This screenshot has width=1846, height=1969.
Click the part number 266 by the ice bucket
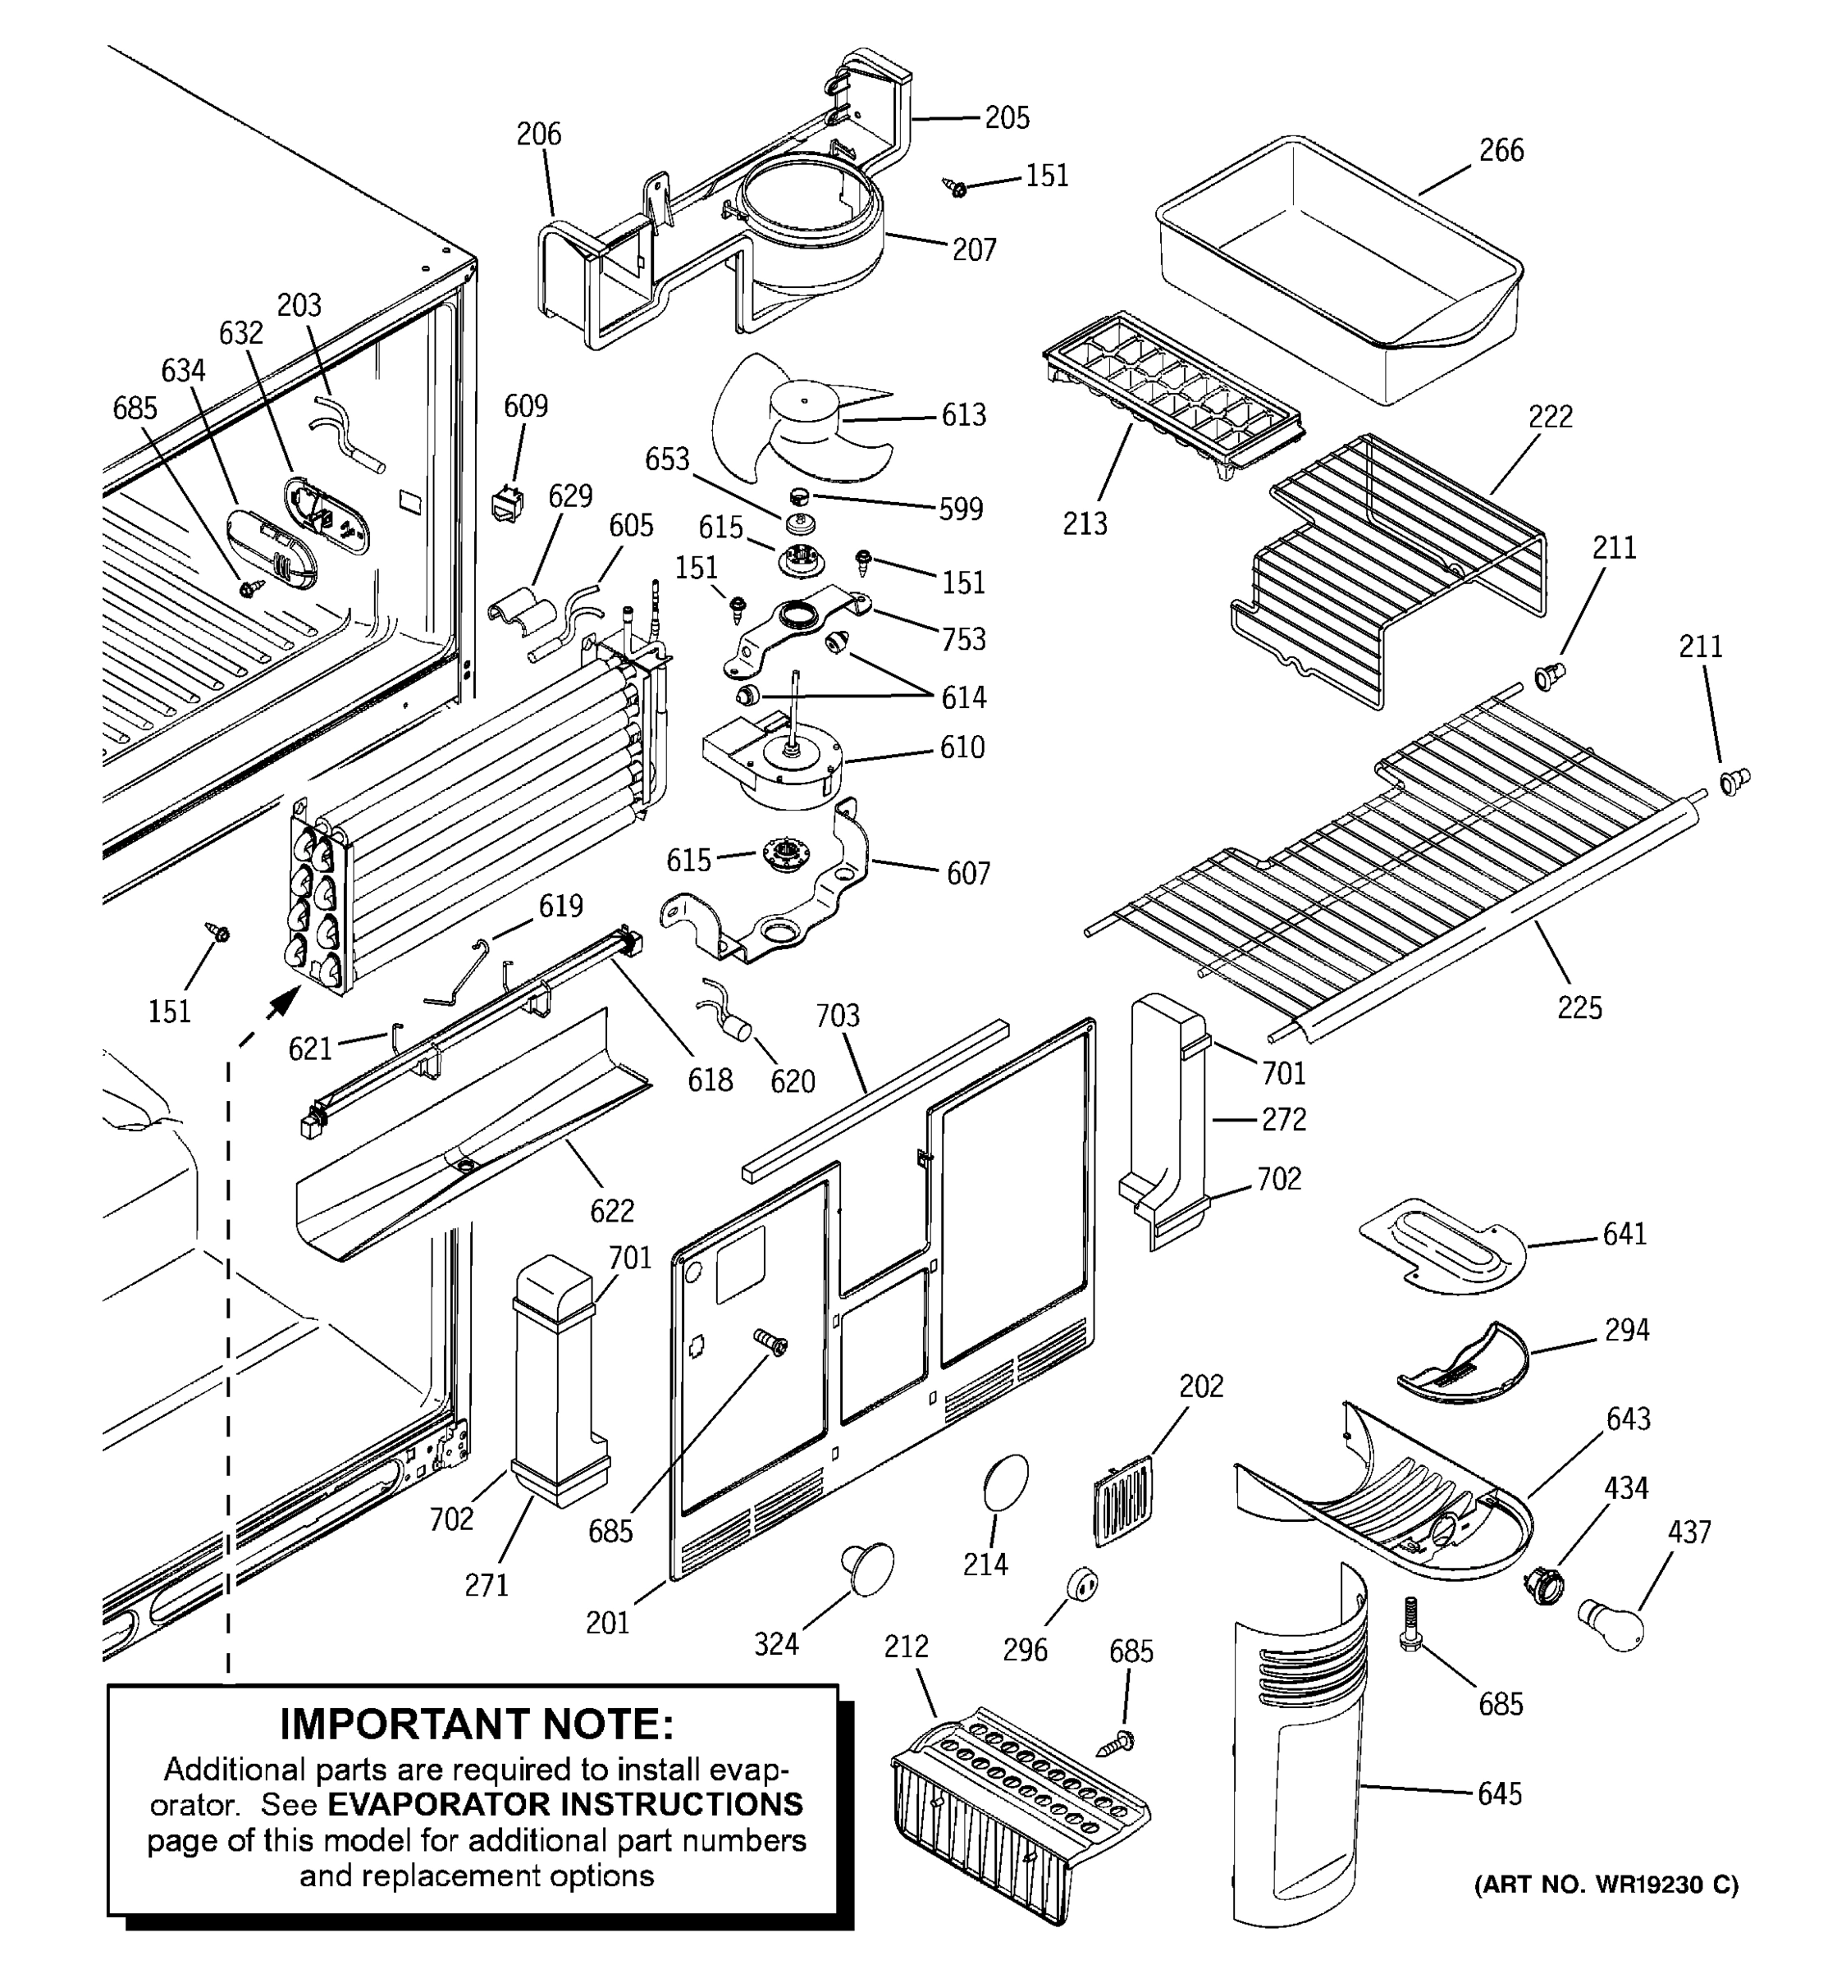pos(1501,151)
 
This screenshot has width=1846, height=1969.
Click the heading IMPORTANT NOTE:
pos(477,1725)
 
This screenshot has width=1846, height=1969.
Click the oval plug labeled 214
pos(1005,1482)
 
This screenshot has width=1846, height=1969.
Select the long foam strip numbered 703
pos(876,1099)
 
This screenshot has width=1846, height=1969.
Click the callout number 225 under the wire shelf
pos(1579,1007)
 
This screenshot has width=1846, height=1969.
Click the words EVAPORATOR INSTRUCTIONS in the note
pos(564,1805)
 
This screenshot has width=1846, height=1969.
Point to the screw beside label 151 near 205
pos(957,187)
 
